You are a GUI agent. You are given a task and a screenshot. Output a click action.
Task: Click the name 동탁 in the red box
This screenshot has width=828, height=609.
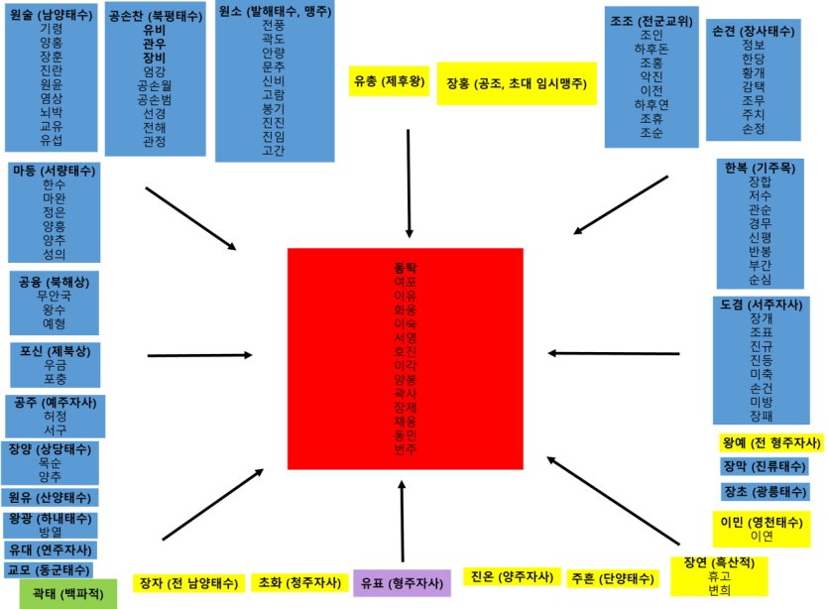pyautogui.click(x=405, y=268)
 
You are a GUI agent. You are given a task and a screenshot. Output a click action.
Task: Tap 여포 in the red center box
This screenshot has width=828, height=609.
pyautogui.click(x=405, y=282)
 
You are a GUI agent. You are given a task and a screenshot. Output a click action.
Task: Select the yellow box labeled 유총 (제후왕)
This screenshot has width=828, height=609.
pyautogui.click(x=389, y=81)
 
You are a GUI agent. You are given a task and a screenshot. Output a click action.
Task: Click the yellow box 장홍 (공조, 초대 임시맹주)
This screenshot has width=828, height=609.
pyautogui.click(x=517, y=83)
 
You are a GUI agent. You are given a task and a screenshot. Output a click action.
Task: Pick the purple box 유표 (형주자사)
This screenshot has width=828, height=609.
pyautogui.click(x=402, y=583)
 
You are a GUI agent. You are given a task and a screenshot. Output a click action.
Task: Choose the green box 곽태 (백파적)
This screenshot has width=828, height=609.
pyautogui.click(x=68, y=594)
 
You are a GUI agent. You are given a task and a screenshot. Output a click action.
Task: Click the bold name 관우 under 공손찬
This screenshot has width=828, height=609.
pyautogui.click(x=154, y=44)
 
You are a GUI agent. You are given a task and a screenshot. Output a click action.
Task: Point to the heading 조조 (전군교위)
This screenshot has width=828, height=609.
pyautogui.click(x=651, y=21)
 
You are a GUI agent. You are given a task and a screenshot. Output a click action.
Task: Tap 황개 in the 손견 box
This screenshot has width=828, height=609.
pyautogui.click(x=753, y=72)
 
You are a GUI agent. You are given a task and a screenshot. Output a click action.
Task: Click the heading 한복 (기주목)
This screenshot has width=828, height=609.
pyautogui.click(x=760, y=168)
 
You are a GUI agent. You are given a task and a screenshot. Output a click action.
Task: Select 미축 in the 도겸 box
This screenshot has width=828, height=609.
pyautogui.click(x=761, y=374)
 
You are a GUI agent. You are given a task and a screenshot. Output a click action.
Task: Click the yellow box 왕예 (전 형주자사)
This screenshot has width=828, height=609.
pyautogui.click(x=771, y=442)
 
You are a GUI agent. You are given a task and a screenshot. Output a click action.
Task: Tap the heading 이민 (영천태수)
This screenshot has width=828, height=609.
pyautogui.click(x=761, y=523)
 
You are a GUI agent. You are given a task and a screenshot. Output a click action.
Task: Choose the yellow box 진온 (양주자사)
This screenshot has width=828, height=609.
pyautogui.click(x=512, y=577)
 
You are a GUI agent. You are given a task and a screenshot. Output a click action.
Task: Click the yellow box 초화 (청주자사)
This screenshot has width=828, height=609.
pyautogui.click(x=299, y=583)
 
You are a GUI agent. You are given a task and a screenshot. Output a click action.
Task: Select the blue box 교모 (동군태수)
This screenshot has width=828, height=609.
pyautogui.click(x=49, y=570)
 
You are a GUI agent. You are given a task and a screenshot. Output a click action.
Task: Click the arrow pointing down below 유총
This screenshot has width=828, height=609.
pyautogui.click(x=409, y=183)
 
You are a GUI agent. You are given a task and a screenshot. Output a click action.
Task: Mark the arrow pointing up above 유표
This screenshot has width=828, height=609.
pyautogui.click(x=402, y=522)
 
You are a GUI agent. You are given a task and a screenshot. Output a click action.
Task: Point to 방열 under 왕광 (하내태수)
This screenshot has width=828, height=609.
pyautogui.click(x=51, y=532)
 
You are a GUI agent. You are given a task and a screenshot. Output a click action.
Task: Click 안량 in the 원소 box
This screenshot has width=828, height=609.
pyautogui.click(x=274, y=53)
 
